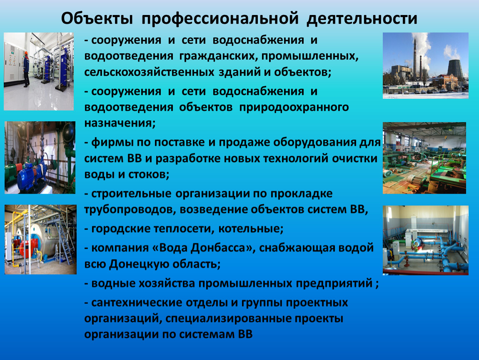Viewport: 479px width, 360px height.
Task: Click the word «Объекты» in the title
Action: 97,19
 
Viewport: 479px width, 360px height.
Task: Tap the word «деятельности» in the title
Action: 362,19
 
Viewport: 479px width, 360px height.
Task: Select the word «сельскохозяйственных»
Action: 150,72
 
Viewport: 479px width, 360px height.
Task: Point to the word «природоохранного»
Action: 294,107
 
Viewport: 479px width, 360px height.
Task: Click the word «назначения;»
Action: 120,123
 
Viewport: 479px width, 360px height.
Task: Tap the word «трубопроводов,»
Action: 130,210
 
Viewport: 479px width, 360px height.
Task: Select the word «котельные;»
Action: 251,229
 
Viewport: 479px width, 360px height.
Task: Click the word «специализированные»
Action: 227,319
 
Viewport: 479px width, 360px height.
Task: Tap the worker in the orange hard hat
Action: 26,69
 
